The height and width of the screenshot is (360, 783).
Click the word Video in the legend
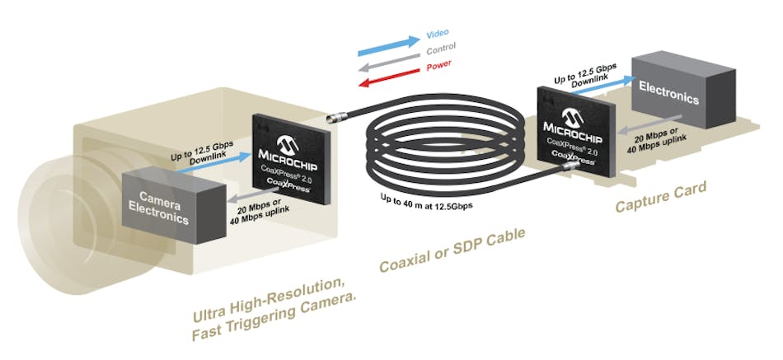437,35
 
